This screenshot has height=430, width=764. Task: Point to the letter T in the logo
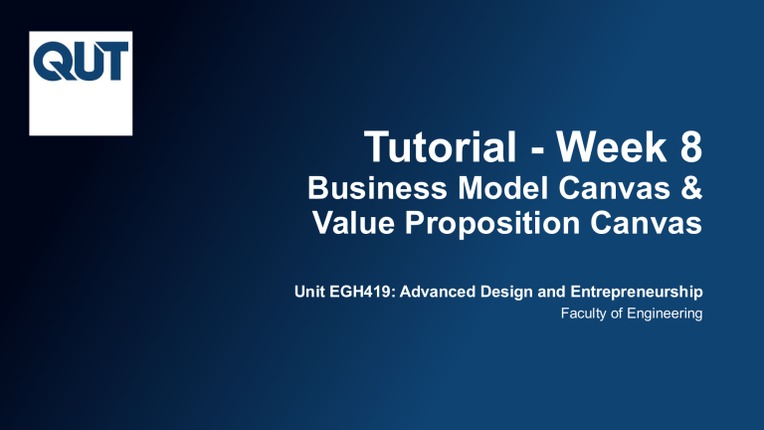(x=110, y=62)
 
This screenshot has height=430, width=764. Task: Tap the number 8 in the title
(x=685, y=152)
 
